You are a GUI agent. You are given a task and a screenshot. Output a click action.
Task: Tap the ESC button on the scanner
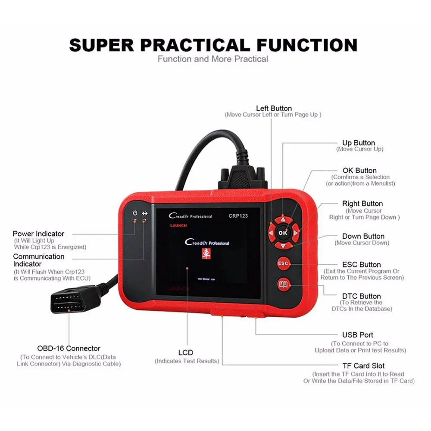pyautogui.click(x=283, y=263)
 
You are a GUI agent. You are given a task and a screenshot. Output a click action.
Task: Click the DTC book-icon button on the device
pyautogui.click(x=284, y=284)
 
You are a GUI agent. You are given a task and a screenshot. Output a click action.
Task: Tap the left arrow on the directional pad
pyautogui.click(x=271, y=233)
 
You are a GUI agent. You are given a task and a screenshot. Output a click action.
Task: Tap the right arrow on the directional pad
pyautogui.click(x=296, y=233)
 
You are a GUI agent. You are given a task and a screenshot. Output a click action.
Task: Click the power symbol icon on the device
pyautogui.click(x=135, y=213)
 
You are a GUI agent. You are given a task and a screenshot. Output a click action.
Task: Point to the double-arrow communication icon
pyautogui.click(x=144, y=213)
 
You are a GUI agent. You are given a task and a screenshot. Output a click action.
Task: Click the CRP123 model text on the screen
pyautogui.click(x=238, y=216)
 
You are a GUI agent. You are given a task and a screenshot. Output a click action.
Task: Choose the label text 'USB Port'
pyautogui.click(x=357, y=335)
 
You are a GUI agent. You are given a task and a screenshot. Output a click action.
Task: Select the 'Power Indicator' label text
pyautogui.click(x=38, y=234)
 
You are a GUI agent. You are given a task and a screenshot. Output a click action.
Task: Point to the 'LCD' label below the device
pyautogui.click(x=186, y=353)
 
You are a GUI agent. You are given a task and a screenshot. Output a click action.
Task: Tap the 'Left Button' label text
pyautogui.click(x=274, y=108)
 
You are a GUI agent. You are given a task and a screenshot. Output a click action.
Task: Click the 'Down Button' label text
pyautogui.click(x=363, y=236)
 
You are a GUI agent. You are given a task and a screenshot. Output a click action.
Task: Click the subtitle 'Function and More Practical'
pyautogui.click(x=213, y=59)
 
